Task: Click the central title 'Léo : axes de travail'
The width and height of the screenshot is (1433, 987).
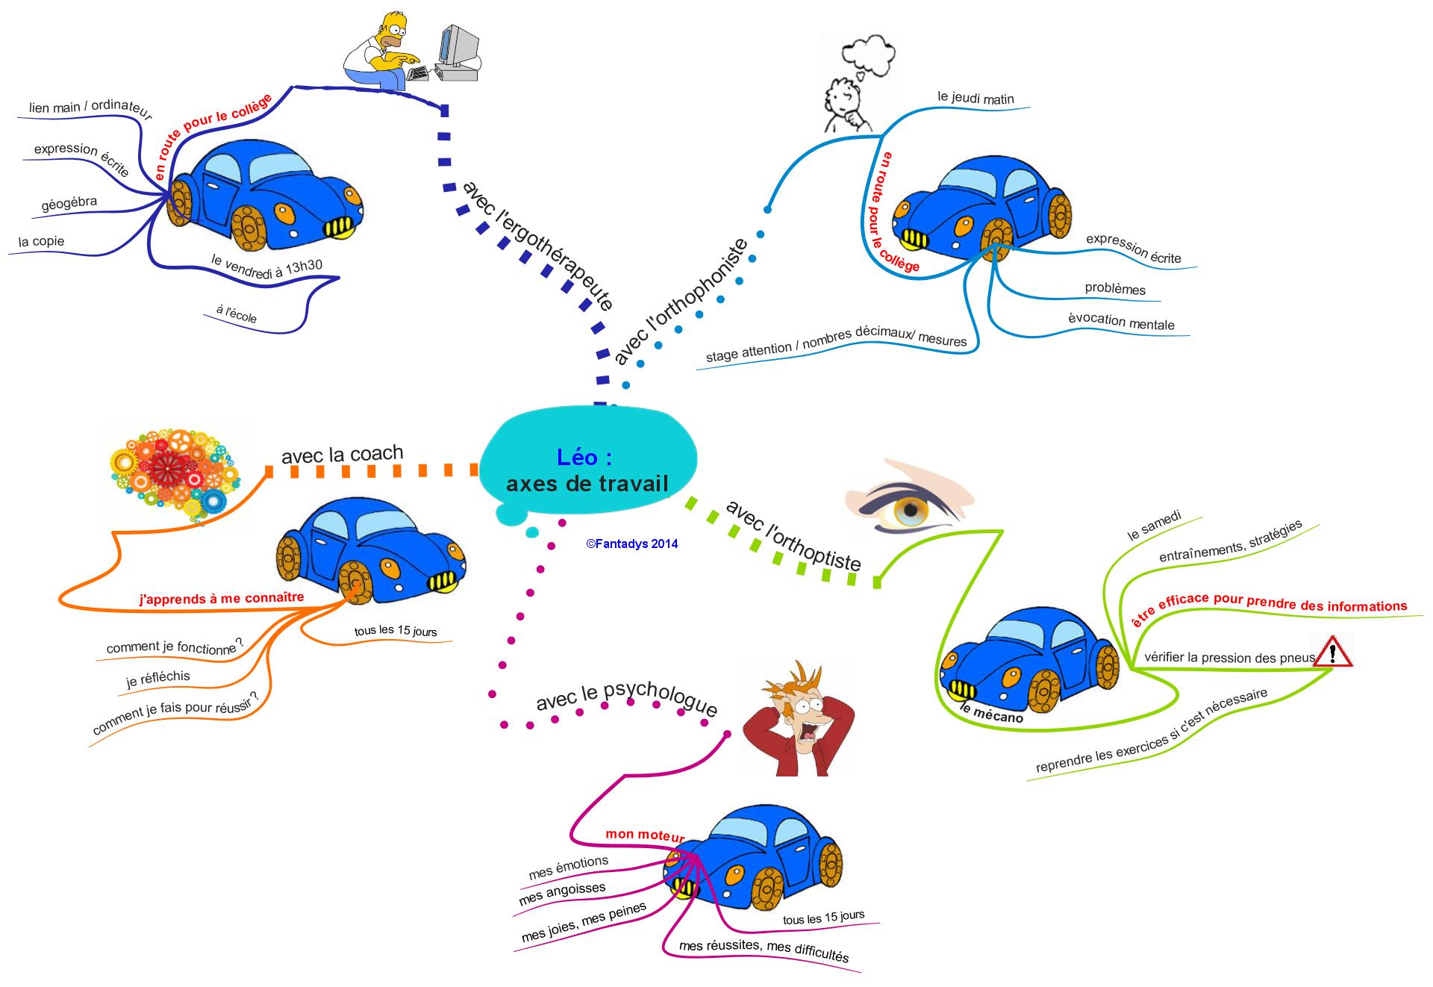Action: [587, 471]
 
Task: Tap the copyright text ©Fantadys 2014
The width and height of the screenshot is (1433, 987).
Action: [632, 544]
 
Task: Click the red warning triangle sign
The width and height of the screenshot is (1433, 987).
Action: [1332, 652]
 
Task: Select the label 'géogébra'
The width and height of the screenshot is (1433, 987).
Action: [69, 204]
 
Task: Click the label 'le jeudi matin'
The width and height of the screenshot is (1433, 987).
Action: [975, 98]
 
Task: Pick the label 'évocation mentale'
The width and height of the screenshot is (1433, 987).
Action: [1121, 322]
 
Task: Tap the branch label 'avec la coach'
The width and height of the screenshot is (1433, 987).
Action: [342, 454]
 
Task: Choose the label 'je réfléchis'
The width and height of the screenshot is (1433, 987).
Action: [158, 679]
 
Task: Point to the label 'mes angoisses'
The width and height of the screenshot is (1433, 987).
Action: [562, 894]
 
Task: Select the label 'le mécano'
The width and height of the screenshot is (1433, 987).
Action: [992, 713]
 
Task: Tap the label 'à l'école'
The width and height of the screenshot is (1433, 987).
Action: [236, 314]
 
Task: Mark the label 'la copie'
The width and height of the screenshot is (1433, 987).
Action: [42, 242]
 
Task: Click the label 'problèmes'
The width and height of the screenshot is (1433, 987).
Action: [1115, 289]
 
